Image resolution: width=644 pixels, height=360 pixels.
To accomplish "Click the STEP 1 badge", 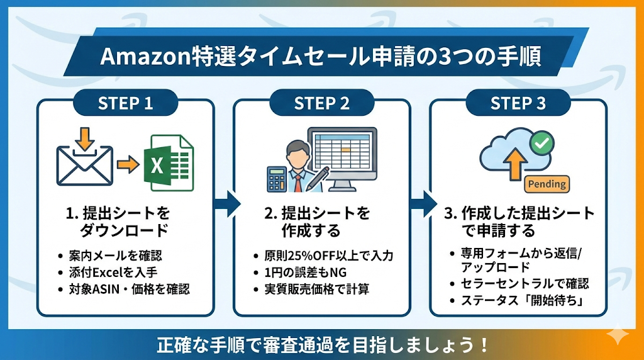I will tap(125, 103).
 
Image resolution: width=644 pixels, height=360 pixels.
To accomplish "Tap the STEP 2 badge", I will tap(321, 103).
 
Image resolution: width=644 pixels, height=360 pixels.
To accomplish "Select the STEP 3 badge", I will tap(518, 103).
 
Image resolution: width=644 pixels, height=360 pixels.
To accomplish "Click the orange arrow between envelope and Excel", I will tap(129, 165).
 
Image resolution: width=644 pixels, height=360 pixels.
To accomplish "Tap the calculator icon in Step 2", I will tap(277, 179).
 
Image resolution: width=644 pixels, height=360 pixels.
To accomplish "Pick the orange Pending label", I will tap(546, 184).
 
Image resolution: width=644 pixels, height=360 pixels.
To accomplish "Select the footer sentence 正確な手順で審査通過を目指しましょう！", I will tap(322, 346).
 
